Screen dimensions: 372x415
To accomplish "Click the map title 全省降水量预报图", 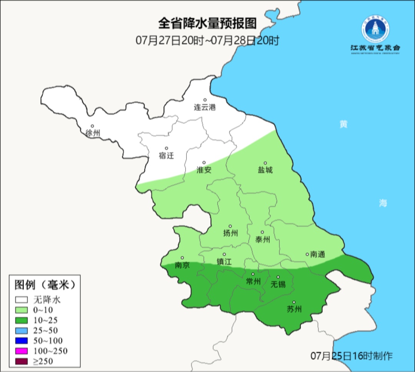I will tap(207, 23).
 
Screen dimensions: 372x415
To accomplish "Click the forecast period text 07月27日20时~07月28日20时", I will tap(207, 40).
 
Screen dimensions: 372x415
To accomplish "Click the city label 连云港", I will tap(205, 107).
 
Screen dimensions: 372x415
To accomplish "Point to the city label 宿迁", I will tap(166, 155).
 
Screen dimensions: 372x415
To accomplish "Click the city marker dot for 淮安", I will tap(204, 162).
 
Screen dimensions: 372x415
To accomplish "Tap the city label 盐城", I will tap(265, 170).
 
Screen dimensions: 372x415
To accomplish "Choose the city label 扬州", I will tap(231, 233).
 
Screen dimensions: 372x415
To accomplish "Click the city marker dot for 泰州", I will tap(262, 232).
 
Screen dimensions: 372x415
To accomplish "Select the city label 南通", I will tap(317, 254).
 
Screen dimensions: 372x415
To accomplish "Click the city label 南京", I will tap(182, 265).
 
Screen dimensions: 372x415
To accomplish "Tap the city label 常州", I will tap(253, 281).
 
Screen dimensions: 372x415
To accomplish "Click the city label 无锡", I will tap(278, 284).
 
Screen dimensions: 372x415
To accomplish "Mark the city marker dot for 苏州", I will tap(294, 302).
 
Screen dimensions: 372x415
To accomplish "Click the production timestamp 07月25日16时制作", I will tap(352, 356).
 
